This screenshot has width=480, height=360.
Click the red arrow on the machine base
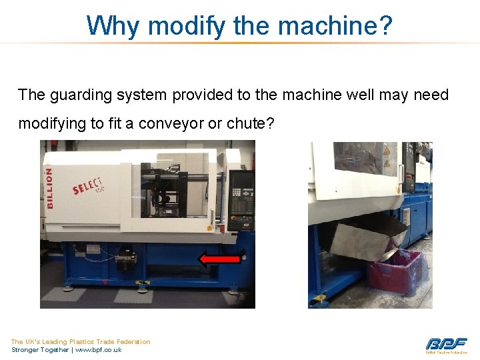coord(220,259)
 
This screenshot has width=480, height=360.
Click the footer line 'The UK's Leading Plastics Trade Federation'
coord(80,341)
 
